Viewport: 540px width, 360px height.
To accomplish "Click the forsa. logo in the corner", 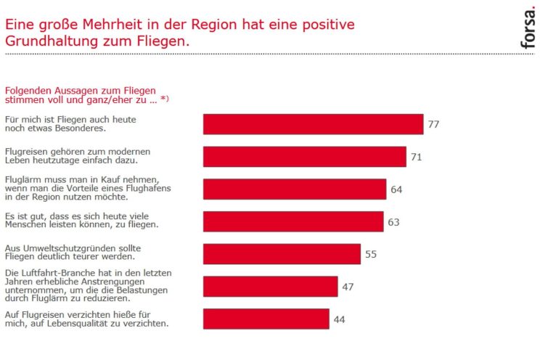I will [528, 28].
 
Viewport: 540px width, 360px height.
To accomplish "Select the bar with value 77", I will [313, 124].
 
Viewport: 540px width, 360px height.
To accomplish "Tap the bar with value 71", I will [304, 157].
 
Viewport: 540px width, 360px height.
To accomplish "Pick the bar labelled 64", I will [294, 189].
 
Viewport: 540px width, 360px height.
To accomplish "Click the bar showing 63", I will [292, 221].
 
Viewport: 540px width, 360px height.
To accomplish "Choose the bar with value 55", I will [282, 254].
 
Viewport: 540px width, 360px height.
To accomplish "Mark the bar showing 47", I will [270, 287].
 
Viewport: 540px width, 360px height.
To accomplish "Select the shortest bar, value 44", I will [266, 319].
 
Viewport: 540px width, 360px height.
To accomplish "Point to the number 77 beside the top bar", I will [433, 124].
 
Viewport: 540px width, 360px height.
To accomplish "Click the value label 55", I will [371, 254].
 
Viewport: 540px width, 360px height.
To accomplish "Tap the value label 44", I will [340, 319].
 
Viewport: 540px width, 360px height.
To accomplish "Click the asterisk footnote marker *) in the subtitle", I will [164, 99].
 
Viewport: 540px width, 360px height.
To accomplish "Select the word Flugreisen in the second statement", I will [28, 151].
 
